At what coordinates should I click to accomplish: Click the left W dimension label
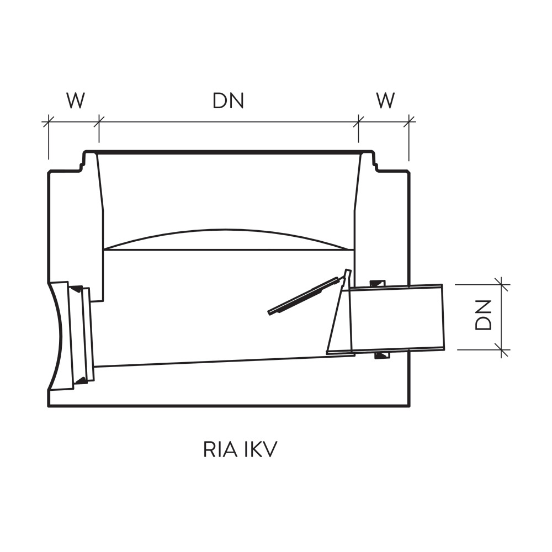76,100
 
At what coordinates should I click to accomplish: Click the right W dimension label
385,100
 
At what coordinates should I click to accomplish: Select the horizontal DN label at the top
228,100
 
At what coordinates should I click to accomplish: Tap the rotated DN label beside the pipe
483,315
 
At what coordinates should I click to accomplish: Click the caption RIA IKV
240,449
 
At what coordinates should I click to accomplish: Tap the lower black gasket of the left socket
81,380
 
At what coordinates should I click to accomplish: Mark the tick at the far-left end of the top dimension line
48,122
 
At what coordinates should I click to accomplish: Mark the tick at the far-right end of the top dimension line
408,122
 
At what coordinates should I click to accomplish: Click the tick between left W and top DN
99,122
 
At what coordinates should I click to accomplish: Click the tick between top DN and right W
358,122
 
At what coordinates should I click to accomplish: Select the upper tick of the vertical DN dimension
501,284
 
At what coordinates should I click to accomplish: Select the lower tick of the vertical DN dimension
501,350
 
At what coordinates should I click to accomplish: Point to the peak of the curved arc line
225,230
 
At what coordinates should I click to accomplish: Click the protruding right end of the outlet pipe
443,317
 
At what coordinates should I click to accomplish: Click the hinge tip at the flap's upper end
348,271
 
